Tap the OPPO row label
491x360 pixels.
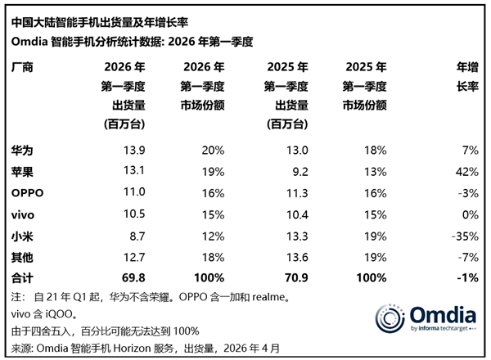pos(29,191)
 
